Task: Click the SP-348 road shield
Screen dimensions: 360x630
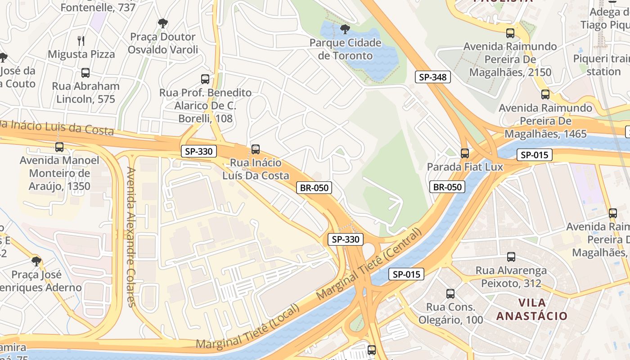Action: tap(432, 77)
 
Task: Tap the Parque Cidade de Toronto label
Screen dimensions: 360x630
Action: tap(345, 49)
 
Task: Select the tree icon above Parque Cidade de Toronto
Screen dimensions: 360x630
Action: tap(345, 29)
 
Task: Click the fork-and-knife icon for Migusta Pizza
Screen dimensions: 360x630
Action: tap(81, 41)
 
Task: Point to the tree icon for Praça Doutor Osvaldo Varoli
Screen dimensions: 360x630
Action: tap(162, 23)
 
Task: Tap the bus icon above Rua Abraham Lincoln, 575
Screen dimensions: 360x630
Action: tap(85, 73)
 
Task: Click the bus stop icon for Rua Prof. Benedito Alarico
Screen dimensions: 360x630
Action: tap(205, 79)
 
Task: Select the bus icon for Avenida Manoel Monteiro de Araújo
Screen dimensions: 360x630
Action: tap(59, 147)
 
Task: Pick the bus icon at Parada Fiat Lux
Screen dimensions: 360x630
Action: tap(465, 153)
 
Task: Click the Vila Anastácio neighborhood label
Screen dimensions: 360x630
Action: tap(532, 309)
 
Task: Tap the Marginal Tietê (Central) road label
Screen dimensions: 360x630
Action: tap(370, 264)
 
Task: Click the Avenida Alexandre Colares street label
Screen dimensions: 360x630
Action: tap(131, 237)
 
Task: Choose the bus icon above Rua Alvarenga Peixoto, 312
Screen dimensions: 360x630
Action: tap(511, 257)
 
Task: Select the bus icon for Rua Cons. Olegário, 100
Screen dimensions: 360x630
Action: tap(450, 294)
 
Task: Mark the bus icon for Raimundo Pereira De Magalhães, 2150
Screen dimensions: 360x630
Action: tap(510, 33)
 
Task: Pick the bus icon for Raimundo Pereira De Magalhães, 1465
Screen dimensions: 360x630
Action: tap(545, 94)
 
